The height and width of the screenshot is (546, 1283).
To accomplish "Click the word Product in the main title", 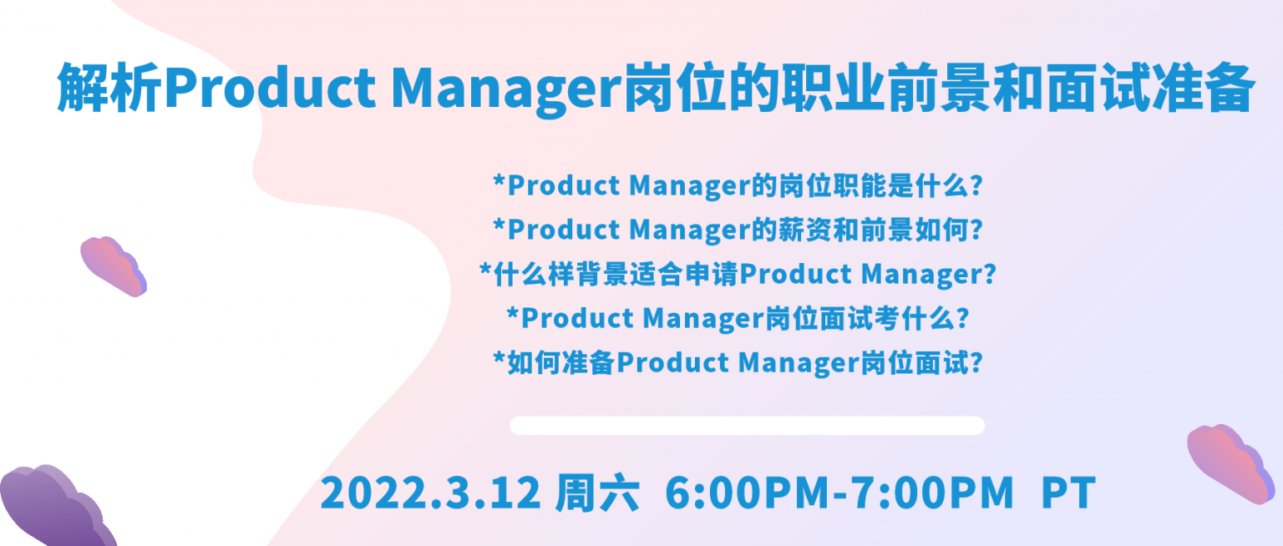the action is click(x=270, y=88).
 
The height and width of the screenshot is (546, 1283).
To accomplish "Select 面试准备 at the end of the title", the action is click(x=1149, y=88).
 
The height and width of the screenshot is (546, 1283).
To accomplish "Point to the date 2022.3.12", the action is click(x=430, y=493).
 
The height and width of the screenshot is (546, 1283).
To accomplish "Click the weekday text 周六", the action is click(x=597, y=493).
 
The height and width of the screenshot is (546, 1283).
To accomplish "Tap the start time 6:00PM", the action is click(x=747, y=493).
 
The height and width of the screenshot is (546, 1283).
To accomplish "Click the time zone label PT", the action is click(x=1069, y=493).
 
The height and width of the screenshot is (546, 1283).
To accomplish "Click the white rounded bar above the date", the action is click(x=747, y=425).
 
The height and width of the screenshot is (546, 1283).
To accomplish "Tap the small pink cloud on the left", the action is click(x=114, y=266).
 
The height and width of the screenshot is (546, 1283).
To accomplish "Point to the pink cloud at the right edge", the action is click(x=1231, y=463).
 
